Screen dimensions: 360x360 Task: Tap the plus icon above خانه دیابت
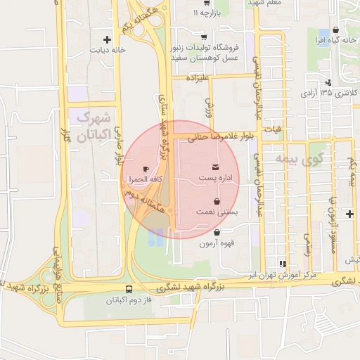[x=107, y=39]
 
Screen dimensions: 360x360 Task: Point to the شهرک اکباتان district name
[x=92, y=127]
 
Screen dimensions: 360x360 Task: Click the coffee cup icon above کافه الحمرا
[x=146, y=169]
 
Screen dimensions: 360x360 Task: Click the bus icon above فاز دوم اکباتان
[x=129, y=290]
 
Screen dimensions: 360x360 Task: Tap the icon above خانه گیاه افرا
[x=337, y=30]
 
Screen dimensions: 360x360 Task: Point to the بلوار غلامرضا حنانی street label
[x=219, y=139]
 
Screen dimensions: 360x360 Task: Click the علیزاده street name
[x=198, y=79]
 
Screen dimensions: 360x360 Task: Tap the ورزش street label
[x=209, y=106]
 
